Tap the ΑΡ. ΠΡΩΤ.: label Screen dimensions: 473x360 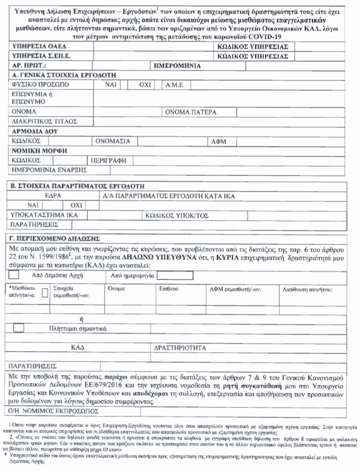click(29, 65)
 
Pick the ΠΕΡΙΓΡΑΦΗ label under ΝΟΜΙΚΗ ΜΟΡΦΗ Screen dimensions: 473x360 click(107, 160)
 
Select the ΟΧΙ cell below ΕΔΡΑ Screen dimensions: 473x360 click(76, 205)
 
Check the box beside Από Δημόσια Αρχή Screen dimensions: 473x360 click(15, 275)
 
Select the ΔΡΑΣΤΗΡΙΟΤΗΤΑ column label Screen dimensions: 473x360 click(179, 348)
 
